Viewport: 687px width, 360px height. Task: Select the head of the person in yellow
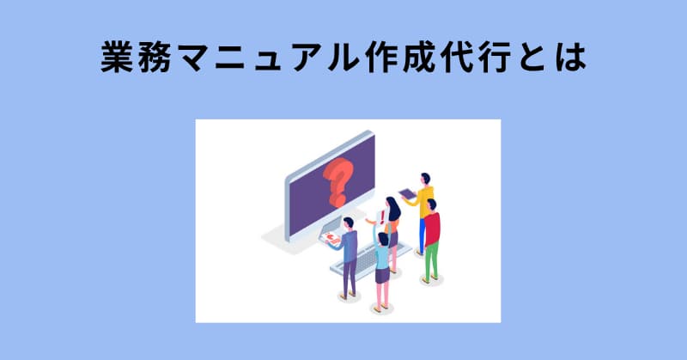[423, 178]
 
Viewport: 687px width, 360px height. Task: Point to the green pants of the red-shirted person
[432, 260]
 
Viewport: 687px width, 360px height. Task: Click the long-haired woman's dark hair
[393, 210]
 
